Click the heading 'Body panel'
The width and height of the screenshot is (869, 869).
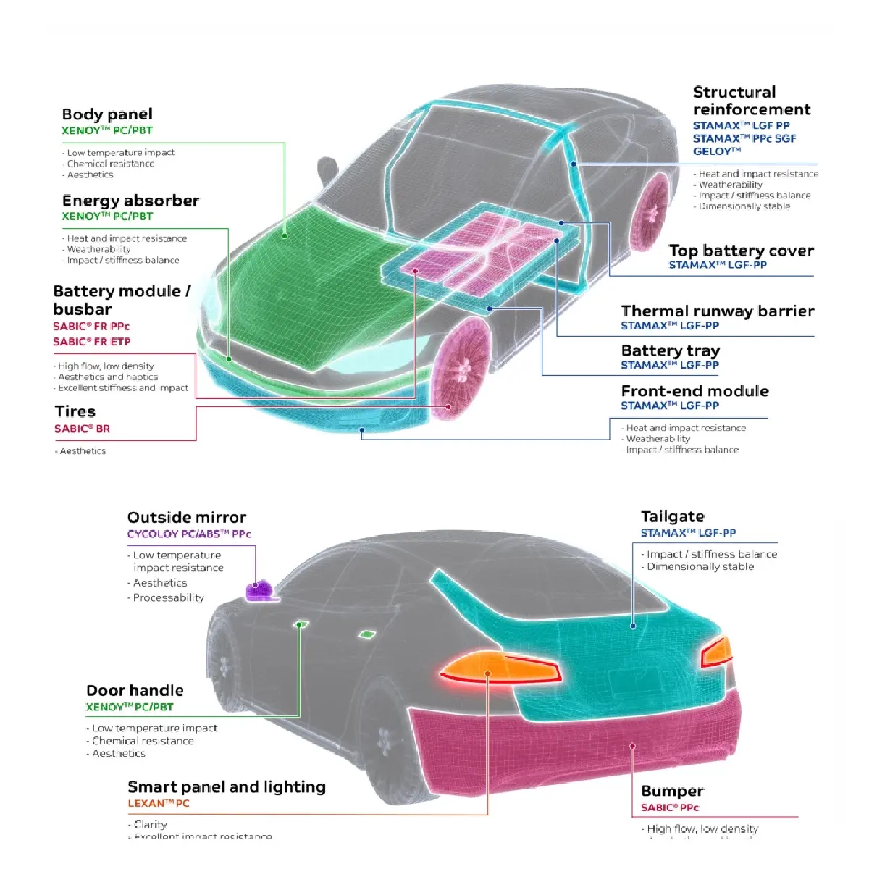tap(107, 114)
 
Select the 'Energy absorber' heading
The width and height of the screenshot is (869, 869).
tap(130, 201)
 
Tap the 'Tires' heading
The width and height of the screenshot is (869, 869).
tap(75, 412)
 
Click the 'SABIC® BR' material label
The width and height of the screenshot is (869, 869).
tap(82, 429)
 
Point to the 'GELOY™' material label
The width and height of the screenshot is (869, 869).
tap(717, 151)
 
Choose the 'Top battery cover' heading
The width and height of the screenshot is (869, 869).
tap(741, 251)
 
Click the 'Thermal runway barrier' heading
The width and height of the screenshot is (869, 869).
tap(717, 311)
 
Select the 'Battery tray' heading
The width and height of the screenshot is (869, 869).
tap(670, 351)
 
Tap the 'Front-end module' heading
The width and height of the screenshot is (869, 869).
tap(694, 391)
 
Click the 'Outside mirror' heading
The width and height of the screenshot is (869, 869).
tap(187, 518)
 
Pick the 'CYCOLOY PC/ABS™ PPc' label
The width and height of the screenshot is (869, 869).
tap(189, 534)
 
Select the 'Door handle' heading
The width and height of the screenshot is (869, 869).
tap(135, 691)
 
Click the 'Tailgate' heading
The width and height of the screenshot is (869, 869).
tap(672, 517)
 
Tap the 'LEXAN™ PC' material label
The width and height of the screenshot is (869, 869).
tap(159, 803)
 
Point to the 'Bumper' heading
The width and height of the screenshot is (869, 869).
tap(672, 792)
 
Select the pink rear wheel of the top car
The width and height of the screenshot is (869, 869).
tap(650, 210)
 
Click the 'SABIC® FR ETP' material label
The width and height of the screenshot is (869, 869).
tap(91, 342)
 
